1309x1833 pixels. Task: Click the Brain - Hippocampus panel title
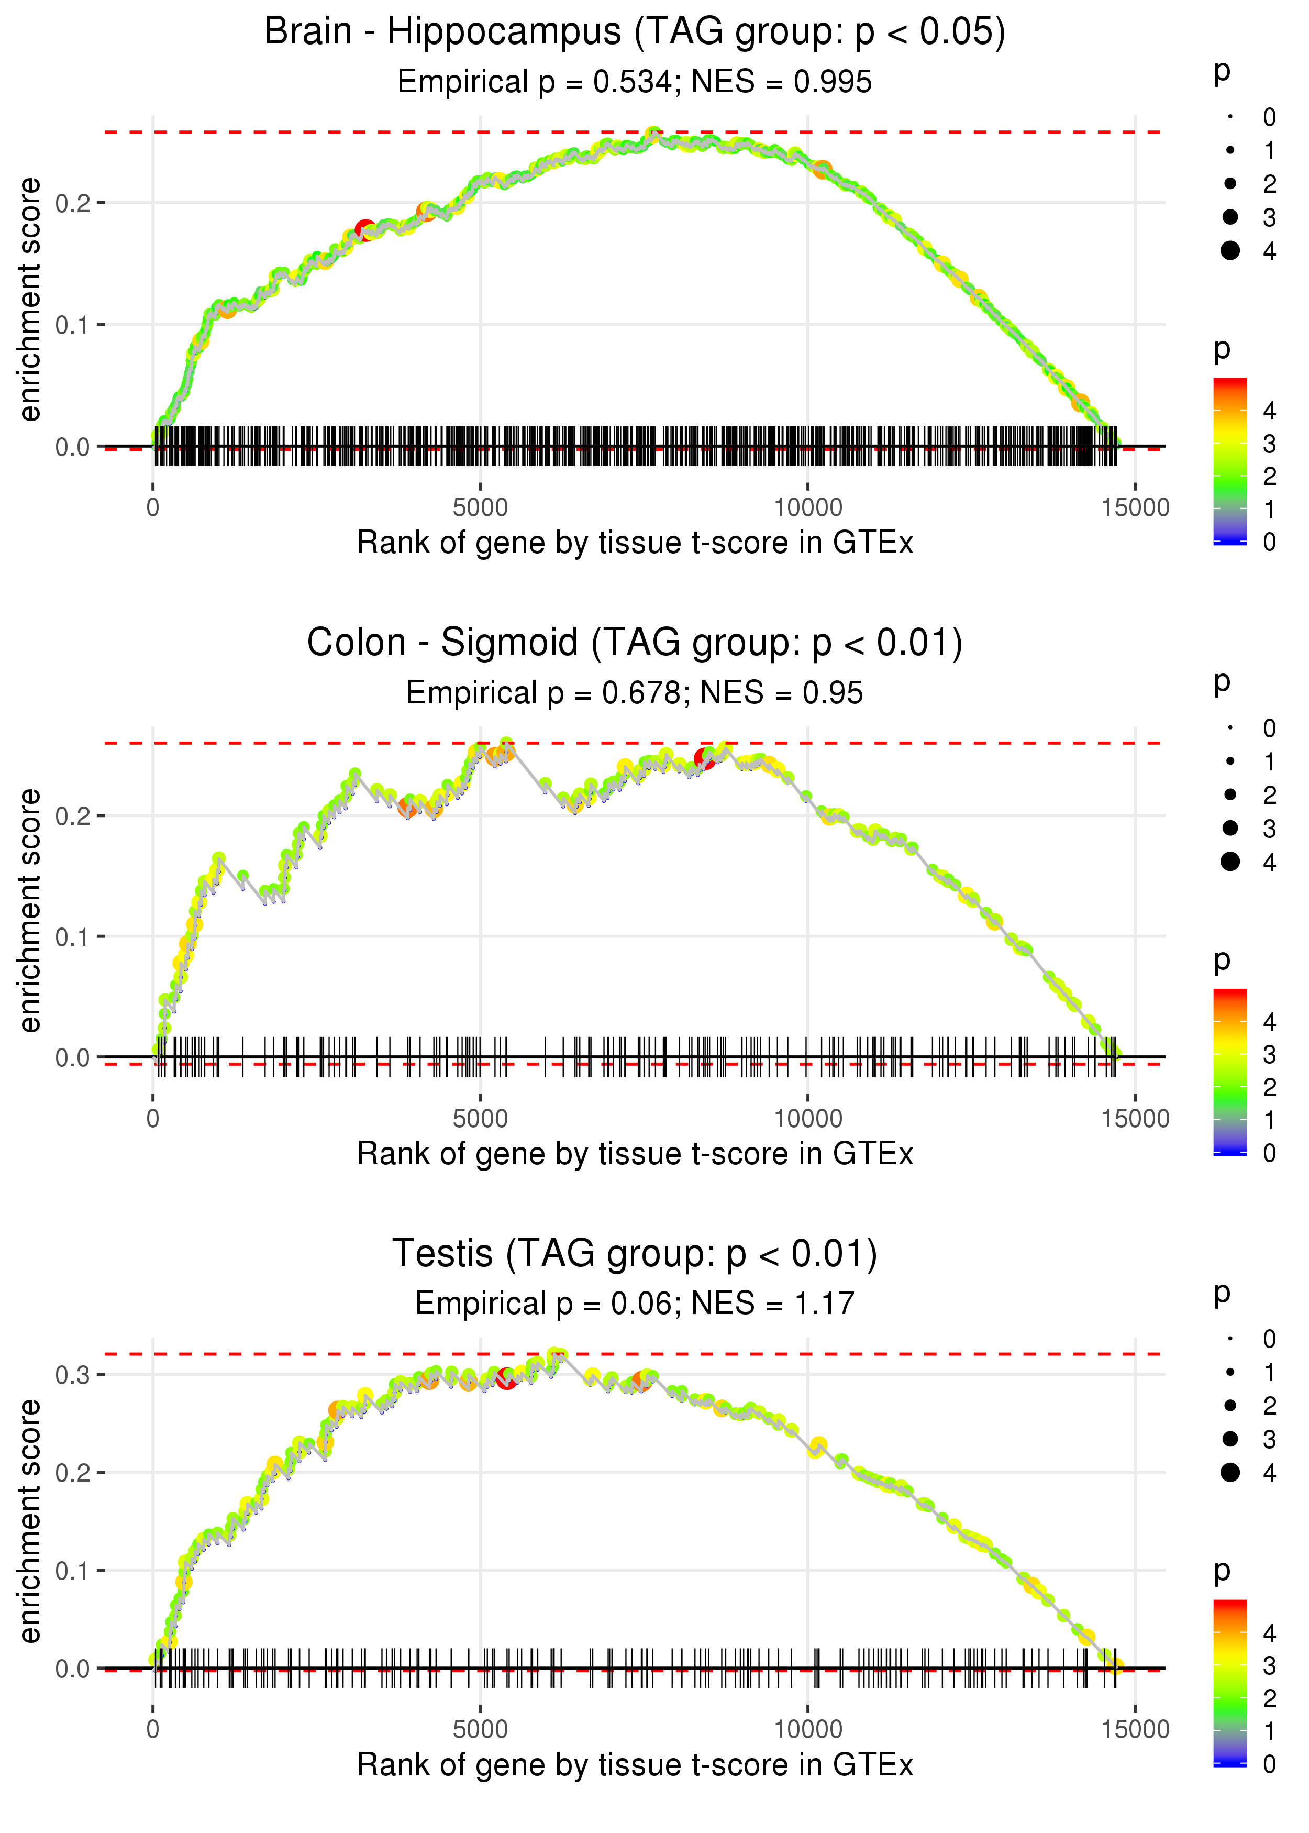pos(635,32)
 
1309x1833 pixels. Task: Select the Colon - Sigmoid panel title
pos(635,643)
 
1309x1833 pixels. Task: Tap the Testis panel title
pos(635,1254)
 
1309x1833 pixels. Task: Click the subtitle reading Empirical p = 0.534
pos(635,82)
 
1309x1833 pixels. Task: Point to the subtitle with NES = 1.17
pos(635,1304)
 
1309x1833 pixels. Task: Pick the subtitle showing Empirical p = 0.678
pos(635,693)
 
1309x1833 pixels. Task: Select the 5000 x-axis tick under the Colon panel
pos(480,1119)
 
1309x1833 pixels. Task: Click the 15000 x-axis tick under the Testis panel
pos(1135,1730)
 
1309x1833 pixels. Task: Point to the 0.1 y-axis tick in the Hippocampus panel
pos(73,325)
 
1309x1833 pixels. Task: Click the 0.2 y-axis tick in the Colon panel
pos(73,816)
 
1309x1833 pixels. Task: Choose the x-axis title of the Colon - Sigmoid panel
pos(635,1154)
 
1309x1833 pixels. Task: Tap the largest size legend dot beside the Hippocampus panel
pos(1230,251)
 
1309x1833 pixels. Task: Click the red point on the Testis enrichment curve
pos(506,1378)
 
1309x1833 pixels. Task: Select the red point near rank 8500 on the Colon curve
pos(704,758)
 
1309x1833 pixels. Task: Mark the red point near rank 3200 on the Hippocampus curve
pos(365,230)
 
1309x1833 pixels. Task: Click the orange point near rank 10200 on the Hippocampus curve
pos(822,169)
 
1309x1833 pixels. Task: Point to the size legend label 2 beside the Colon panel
pos(1270,795)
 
